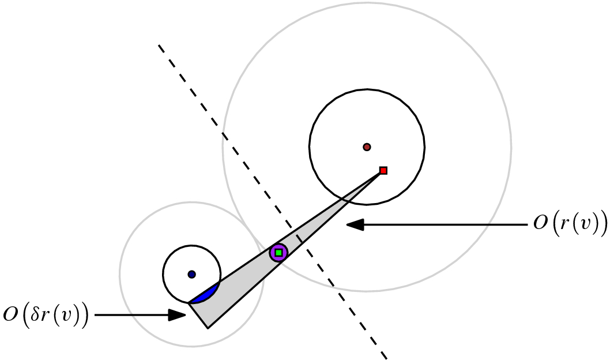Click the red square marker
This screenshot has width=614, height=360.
pos(383,170)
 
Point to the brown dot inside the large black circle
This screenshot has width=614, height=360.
pos(367,147)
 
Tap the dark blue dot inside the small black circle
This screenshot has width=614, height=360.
pos(191,274)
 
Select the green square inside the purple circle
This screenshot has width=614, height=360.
pos(278,253)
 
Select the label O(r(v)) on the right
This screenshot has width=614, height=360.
pos(570,224)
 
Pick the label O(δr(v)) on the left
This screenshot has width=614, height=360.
pos(46,315)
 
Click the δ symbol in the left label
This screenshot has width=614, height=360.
pos(34,315)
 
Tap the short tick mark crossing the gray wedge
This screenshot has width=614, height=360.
pos(299,238)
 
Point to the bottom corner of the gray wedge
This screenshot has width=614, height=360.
pos(208,328)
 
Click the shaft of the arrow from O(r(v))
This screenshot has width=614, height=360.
pos(444,225)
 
